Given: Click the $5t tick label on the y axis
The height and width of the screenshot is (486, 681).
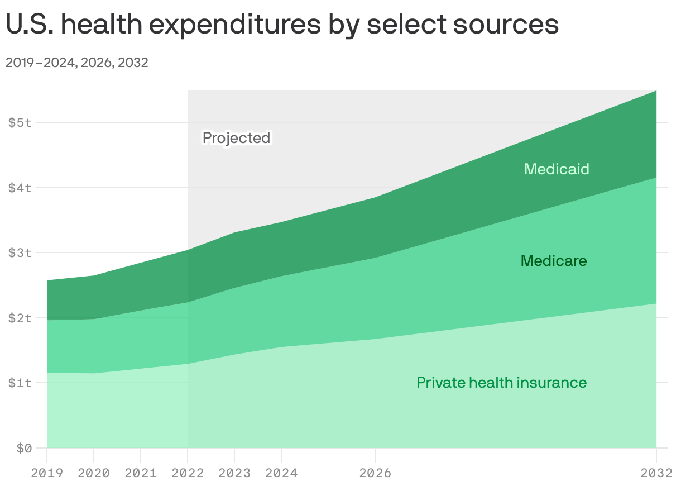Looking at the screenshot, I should click(20, 122).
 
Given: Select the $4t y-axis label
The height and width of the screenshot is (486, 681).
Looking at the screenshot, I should click(20, 188).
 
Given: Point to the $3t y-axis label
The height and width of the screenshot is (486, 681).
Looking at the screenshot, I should click(20, 252).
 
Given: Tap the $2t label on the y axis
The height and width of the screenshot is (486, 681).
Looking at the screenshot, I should click(20, 318).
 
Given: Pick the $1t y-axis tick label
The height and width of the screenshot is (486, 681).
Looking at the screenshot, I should click(20, 383).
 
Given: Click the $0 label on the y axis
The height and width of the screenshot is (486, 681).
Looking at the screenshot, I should click(24, 448).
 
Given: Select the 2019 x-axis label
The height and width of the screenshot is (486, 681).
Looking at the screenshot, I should click(47, 473).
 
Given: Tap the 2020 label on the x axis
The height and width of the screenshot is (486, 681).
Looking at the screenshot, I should click(94, 473).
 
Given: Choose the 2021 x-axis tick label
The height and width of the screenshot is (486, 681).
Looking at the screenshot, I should click(141, 473).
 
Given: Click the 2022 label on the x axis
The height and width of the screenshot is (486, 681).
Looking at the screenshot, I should click(188, 473).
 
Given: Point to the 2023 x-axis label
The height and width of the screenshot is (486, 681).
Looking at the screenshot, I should click(234, 473).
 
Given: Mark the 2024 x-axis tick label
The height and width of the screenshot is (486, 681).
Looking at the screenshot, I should click(281, 473).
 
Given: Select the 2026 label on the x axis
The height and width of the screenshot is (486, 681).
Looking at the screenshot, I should click(375, 473).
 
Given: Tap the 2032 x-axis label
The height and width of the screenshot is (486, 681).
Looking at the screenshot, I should click(656, 473).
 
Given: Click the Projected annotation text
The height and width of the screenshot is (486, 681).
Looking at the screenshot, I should click(236, 138).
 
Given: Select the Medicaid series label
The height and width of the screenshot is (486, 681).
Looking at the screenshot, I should click(557, 169).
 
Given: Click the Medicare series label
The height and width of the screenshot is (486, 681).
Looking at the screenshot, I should click(554, 261).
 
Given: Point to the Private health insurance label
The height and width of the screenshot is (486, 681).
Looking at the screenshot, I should click(501, 383).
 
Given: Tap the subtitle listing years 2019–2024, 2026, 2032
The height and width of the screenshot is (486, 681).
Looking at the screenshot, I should click(77, 63).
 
